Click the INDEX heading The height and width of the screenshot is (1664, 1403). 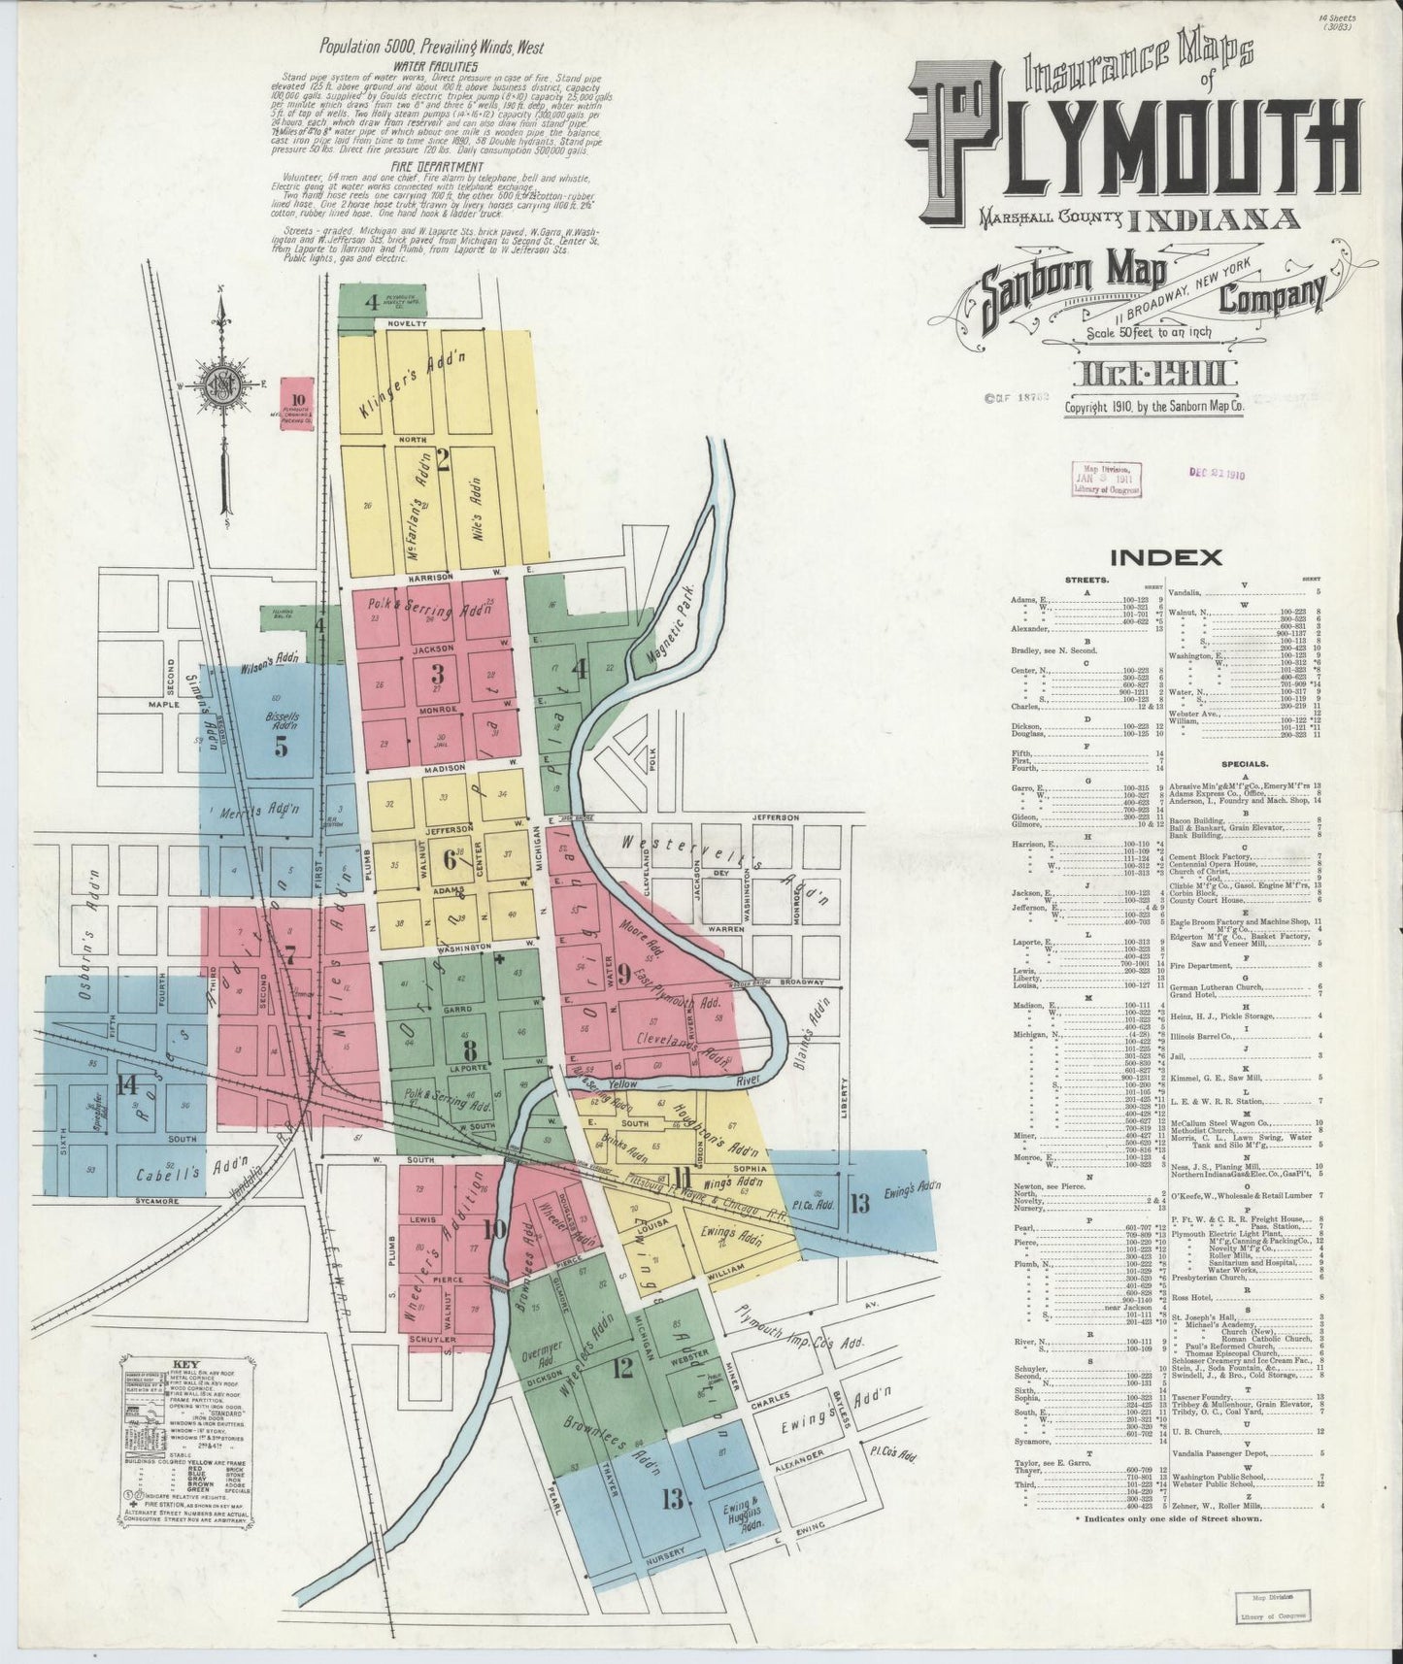coord(1165,557)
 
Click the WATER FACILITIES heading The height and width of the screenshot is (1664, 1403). coord(434,67)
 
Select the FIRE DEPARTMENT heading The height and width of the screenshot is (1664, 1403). coord(431,166)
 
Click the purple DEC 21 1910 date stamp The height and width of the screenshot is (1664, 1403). coord(1217,475)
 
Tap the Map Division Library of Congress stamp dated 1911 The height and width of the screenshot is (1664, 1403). coord(1105,479)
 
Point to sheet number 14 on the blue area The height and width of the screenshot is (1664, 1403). coord(126,1084)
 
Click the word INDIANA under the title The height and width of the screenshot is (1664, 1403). coord(1218,219)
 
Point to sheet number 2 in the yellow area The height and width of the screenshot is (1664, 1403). coord(443,462)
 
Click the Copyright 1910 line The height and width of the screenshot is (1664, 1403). coord(1153,408)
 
